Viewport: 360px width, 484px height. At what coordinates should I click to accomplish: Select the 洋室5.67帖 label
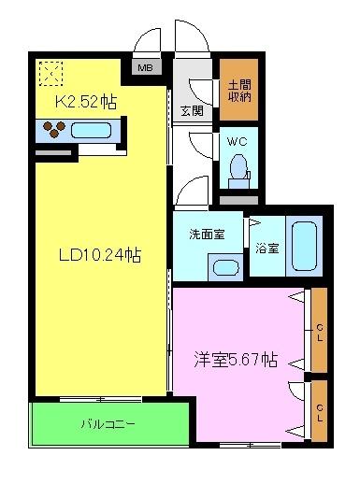point(235,359)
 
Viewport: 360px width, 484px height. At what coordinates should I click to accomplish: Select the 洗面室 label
point(207,234)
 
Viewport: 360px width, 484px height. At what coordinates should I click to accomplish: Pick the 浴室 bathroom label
point(266,249)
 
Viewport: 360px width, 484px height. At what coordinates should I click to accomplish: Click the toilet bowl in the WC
point(238,169)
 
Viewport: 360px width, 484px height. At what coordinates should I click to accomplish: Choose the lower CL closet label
point(320,409)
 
